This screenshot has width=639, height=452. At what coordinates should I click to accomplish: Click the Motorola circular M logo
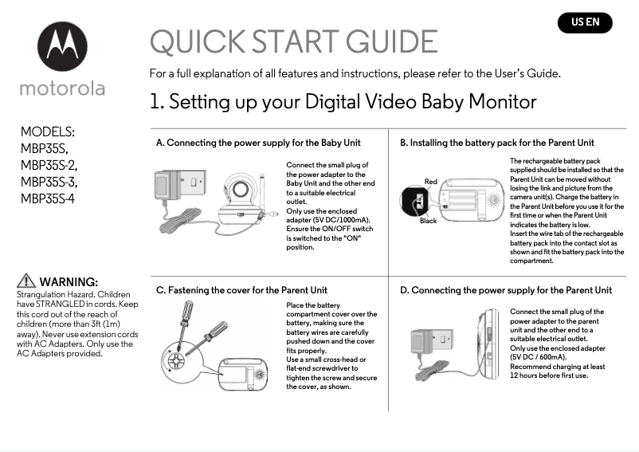tap(61, 47)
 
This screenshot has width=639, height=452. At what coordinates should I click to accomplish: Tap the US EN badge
tap(585, 22)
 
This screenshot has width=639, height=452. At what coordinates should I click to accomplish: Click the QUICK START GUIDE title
tap(293, 41)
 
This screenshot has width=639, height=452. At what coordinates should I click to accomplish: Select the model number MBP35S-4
tap(48, 199)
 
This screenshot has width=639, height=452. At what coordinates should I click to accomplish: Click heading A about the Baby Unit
tap(258, 143)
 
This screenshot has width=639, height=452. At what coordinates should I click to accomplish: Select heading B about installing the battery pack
tap(497, 143)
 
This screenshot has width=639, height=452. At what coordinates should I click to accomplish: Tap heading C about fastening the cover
tap(241, 290)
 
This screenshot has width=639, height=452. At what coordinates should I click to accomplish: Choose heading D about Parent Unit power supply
tap(506, 290)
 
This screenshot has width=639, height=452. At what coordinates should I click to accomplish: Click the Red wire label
tap(430, 182)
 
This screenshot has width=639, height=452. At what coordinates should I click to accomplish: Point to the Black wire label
tap(428, 221)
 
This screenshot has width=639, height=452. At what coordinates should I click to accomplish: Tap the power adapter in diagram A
tap(173, 185)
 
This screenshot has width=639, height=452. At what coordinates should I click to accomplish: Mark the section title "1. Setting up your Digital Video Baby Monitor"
tap(343, 102)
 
